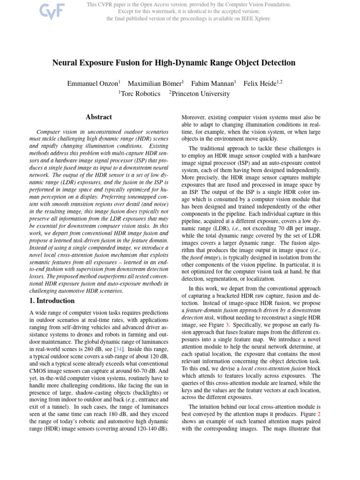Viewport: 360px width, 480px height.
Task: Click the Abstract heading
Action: (x=99, y=117)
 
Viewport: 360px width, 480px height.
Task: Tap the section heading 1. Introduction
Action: (x=52, y=300)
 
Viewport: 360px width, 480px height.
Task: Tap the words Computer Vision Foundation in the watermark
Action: (x=256, y=4)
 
